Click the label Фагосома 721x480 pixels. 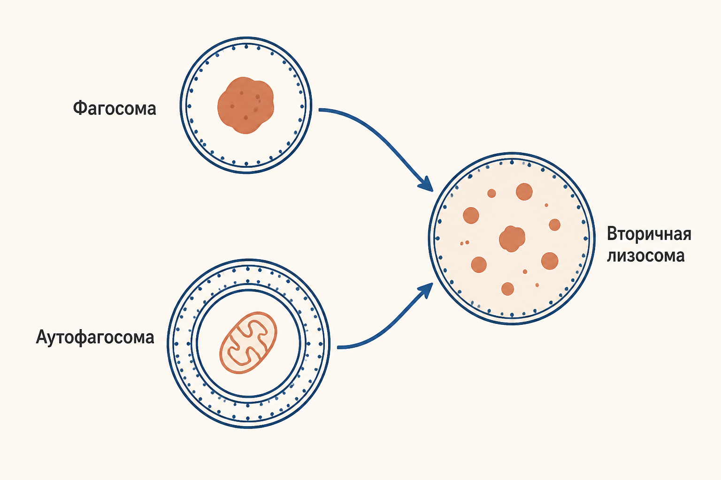pyautogui.click(x=115, y=108)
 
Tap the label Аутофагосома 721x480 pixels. pyautogui.click(x=95, y=337)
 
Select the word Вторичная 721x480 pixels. pyautogui.click(x=649, y=234)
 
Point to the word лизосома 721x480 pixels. pyautogui.click(x=646, y=256)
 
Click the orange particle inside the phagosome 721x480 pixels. pyautogui.click(x=245, y=105)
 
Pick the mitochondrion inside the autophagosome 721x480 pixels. pyautogui.click(x=248, y=343)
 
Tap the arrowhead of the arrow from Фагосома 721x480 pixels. pyautogui.click(x=426, y=184)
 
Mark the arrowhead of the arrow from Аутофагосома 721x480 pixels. pyautogui.click(x=426, y=290)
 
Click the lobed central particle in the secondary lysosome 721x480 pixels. pyautogui.click(x=512, y=239)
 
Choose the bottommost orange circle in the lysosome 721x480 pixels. pyautogui.click(x=507, y=289)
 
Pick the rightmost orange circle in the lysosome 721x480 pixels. pyautogui.click(x=554, y=225)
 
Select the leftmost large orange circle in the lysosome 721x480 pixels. pyautogui.click(x=471, y=216)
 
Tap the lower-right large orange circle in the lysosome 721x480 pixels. pyautogui.click(x=550, y=261)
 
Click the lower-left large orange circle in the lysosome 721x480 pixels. pyautogui.click(x=479, y=264)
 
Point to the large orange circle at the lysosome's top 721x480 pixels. pyautogui.click(x=524, y=192)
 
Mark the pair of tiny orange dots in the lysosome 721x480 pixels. pyautogui.click(x=464, y=243)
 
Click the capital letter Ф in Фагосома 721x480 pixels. pyautogui.click(x=80, y=108)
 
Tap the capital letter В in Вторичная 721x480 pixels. pyautogui.click(x=612, y=234)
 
